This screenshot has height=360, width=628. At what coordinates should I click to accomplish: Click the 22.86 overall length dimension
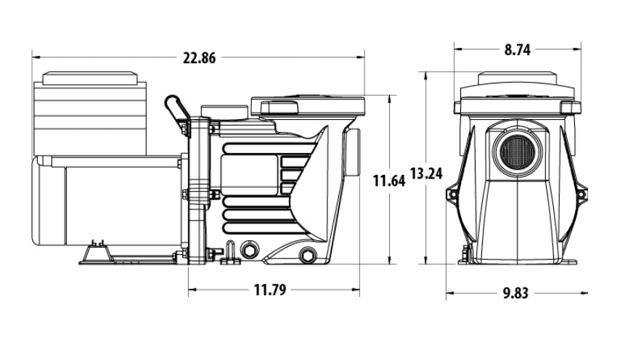coord(199,58)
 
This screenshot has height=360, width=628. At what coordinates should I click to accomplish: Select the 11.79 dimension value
coord(270,290)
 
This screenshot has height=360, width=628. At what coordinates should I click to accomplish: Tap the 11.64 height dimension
coord(389,181)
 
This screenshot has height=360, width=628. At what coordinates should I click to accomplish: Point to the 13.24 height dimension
coord(426,173)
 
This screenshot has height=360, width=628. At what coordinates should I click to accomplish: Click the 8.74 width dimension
coord(517,50)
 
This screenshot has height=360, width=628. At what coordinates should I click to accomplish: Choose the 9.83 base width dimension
coord(515,293)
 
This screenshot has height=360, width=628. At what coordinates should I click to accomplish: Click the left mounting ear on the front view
coord(452,195)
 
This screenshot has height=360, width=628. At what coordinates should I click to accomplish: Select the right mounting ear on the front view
coord(581,195)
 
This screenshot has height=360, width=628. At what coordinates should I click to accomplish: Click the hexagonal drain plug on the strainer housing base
coord(307,255)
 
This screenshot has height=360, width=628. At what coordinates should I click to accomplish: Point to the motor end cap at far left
coord(48,200)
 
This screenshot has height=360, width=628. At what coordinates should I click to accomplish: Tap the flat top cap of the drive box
coord(90,78)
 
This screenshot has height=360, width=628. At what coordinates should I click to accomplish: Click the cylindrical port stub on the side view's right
coord(354,152)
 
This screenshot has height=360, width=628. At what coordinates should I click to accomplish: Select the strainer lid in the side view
coord(308,105)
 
